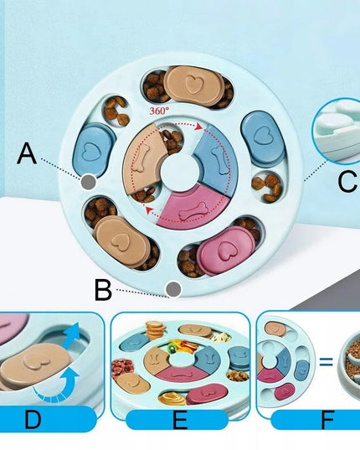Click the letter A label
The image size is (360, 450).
(x=27, y=153)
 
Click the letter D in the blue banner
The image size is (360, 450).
(x=33, y=419)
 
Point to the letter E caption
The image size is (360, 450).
(x=180, y=419)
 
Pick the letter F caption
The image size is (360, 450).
(x=328, y=419)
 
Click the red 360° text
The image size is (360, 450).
(x=159, y=111)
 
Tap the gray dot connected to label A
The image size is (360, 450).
(x=88, y=182)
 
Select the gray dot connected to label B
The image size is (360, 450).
(x=173, y=289)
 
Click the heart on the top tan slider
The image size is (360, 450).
(x=194, y=84)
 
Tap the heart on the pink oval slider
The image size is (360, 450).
(x=226, y=249)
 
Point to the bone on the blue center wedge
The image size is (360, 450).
(x=220, y=160)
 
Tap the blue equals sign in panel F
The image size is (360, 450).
(x=326, y=362)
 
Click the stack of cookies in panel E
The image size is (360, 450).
(x=155, y=329)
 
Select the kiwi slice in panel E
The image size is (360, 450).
(x=172, y=349)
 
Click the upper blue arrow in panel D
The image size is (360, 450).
(x=71, y=335)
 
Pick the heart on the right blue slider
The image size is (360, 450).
(x=261, y=136)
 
